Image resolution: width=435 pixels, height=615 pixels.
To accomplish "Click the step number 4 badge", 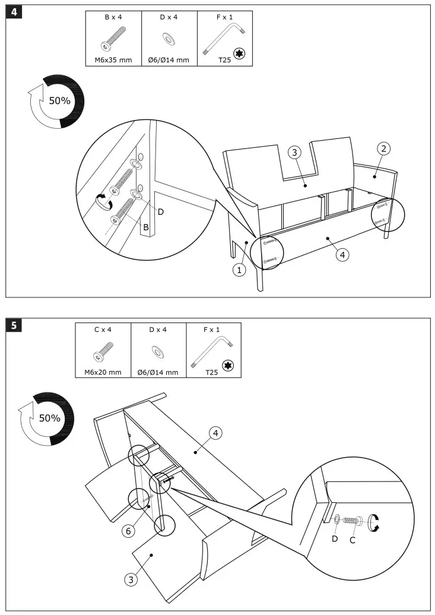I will [x=14, y=12].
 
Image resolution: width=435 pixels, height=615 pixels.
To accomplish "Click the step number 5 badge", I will [x=14, y=325].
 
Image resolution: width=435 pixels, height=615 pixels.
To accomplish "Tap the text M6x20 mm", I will [x=103, y=372].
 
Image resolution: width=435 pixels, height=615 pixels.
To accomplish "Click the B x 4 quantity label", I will [x=113, y=17].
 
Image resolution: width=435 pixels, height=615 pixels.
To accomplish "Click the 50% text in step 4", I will [x=59, y=100].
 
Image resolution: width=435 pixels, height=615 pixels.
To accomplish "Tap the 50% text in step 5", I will [x=50, y=418].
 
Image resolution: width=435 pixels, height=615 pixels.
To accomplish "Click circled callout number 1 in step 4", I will [x=239, y=270].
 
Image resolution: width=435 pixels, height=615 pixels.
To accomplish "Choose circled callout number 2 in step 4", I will [x=384, y=148].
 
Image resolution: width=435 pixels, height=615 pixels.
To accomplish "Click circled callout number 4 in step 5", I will [x=216, y=434].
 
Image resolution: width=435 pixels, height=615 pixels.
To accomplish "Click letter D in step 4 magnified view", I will [x=160, y=211].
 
